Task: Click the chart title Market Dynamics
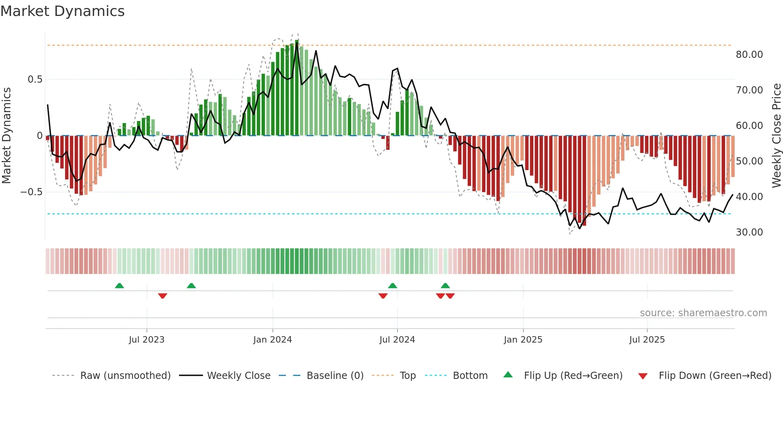click(x=62, y=11)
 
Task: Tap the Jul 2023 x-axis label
click(x=147, y=340)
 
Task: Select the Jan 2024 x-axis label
click(x=272, y=340)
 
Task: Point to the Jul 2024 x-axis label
click(x=397, y=340)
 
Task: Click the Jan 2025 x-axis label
click(x=523, y=340)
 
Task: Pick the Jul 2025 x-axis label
click(x=647, y=340)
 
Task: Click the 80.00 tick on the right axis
click(x=749, y=55)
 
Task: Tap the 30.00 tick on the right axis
click(x=749, y=232)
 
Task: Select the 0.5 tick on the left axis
click(x=35, y=79)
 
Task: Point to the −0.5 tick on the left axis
click(x=32, y=192)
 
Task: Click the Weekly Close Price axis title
click(x=776, y=135)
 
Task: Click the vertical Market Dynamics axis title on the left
click(x=6, y=135)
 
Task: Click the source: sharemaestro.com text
click(x=703, y=313)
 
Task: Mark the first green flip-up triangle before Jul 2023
click(x=119, y=285)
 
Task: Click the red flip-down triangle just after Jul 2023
click(x=163, y=296)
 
